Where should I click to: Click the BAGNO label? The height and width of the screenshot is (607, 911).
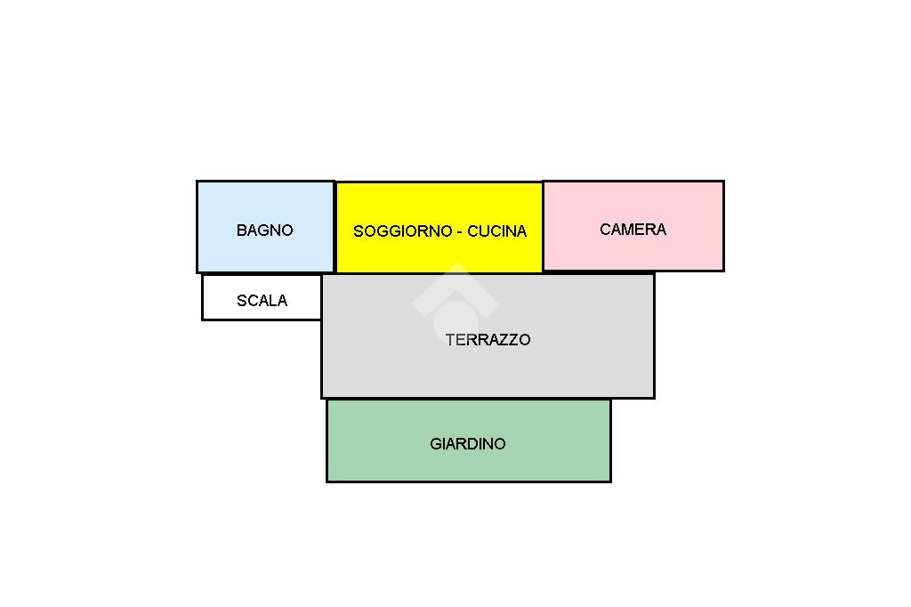click(264, 230)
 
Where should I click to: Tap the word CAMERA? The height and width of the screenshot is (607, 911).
click(633, 229)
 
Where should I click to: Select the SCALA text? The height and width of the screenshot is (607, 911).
click(262, 301)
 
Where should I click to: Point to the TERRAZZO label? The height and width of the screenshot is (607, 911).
click(488, 339)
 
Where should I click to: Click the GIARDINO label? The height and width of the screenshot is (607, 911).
click(467, 443)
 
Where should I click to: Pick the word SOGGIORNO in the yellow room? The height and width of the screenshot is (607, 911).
click(402, 231)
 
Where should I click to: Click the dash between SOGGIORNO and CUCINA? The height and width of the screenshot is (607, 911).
click(459, 231)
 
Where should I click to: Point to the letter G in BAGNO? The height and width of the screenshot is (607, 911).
click(263, 230)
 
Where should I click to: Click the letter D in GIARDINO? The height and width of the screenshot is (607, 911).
click(477, 443)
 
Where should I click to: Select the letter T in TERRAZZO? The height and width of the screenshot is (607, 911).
click(450, 339)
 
